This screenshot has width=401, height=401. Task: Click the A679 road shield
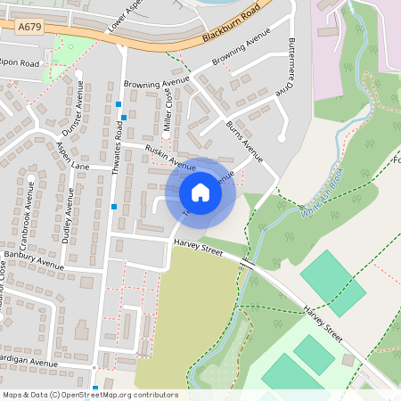[30, 29]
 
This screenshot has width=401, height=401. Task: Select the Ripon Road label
[20, 64]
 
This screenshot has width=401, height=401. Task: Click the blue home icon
[200, 192]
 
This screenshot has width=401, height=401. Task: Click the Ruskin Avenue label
[169, 159]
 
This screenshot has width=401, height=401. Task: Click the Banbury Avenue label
[34, 259]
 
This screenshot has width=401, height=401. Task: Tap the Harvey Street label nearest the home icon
[198, 248]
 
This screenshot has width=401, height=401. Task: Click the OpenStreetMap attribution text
[90, 395]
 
